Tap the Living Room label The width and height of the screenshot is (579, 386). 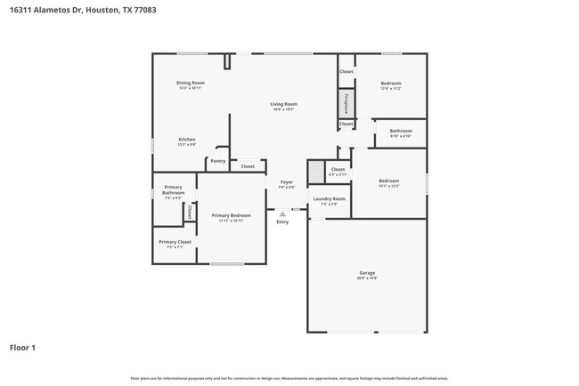284,105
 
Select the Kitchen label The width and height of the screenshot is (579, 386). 187,140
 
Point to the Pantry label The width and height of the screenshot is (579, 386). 218,161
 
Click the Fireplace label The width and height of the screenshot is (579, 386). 346,103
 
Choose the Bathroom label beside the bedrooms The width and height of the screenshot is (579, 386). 401,132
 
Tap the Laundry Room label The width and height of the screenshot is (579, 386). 330,199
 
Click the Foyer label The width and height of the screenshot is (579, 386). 287,182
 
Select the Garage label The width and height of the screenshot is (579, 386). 367,274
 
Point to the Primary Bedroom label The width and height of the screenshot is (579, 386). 231,216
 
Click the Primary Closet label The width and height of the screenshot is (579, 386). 175,242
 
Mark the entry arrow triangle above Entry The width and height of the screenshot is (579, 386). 282,214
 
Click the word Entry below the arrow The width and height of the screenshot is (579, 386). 282,221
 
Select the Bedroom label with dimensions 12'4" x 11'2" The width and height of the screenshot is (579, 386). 391,84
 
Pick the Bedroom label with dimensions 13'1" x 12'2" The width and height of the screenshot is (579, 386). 388,181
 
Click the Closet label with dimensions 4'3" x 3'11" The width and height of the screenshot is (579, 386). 338,169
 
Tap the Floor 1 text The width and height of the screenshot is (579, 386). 22,347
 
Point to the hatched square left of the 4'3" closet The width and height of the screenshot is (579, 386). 315,171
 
